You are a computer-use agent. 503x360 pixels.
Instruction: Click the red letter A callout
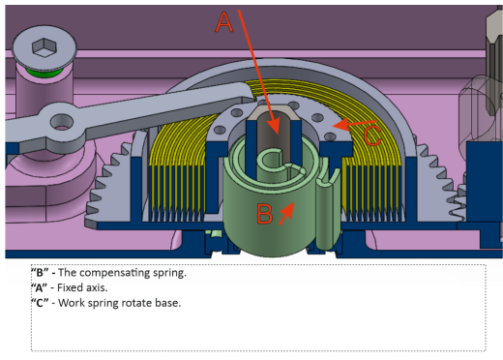(x=224, y=22)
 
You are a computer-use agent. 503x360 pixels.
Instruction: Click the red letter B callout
(x=265, y=214)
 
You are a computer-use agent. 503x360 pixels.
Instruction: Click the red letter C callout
(x=372, y=135)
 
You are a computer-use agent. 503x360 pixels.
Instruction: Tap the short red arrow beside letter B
(x=286, y=213)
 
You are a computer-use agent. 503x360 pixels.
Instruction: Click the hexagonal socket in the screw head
(x=44, y=47)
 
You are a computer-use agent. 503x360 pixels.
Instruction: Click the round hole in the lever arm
(x=62, y=123)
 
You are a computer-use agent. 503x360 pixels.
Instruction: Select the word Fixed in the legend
(x=69, y=287)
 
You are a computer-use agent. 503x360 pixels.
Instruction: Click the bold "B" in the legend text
(x=40, y=273)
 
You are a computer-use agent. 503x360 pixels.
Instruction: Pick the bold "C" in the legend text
(x=40, y=303)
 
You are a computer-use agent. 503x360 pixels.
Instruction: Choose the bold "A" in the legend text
(x=40, y=287)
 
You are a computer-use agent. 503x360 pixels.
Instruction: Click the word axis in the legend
(x=95, y=287)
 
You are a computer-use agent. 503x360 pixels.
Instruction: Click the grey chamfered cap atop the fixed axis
(x=273, y=111)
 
